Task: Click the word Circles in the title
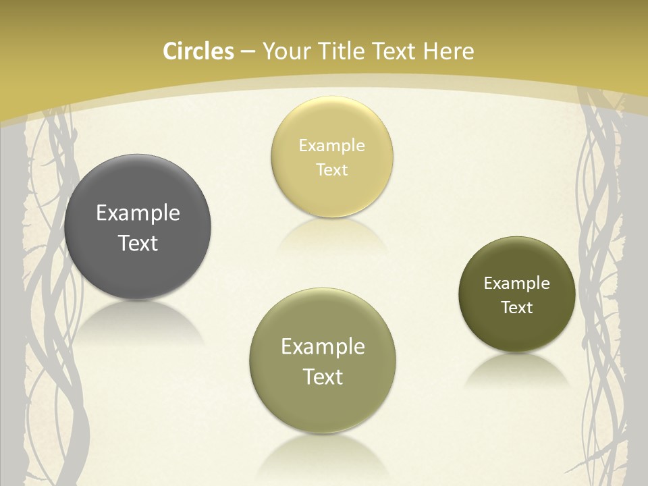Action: (198, 51)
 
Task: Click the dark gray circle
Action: (138, 196)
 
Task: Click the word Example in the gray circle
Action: (138, 213)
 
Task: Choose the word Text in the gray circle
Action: (138, 243)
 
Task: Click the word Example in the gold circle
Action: (331, 145)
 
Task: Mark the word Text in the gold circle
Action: (331, 169)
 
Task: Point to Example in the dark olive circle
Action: (516, 283)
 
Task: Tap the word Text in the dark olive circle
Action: (516, 307)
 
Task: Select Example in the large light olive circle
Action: (323, 346)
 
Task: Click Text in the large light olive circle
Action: (323, 377)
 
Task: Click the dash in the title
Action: (248, 52)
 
